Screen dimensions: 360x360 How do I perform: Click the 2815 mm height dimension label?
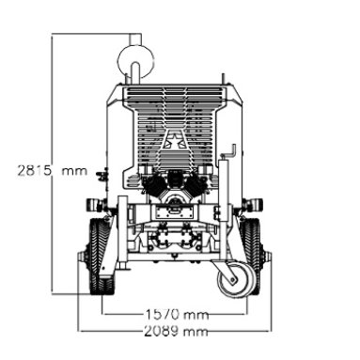52,171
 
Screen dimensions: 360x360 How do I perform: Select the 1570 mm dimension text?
177,314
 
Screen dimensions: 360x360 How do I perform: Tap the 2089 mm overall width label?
176,331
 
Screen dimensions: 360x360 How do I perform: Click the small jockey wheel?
233,279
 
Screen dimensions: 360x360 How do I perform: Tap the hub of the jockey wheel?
232,279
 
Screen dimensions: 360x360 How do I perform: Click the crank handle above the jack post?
231,151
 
